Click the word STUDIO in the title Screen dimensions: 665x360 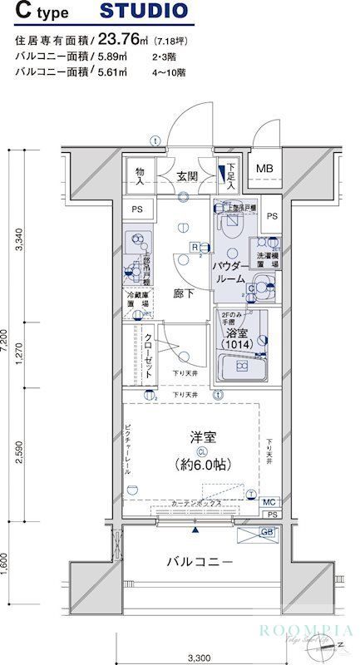click(143, 12)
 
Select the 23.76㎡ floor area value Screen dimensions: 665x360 click(125, 38)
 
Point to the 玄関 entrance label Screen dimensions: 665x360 click(186, 175)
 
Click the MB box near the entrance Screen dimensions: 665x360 click(264, 169)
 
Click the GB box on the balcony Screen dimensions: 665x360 click(269, 532)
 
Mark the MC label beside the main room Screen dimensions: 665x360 click(269, 502)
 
